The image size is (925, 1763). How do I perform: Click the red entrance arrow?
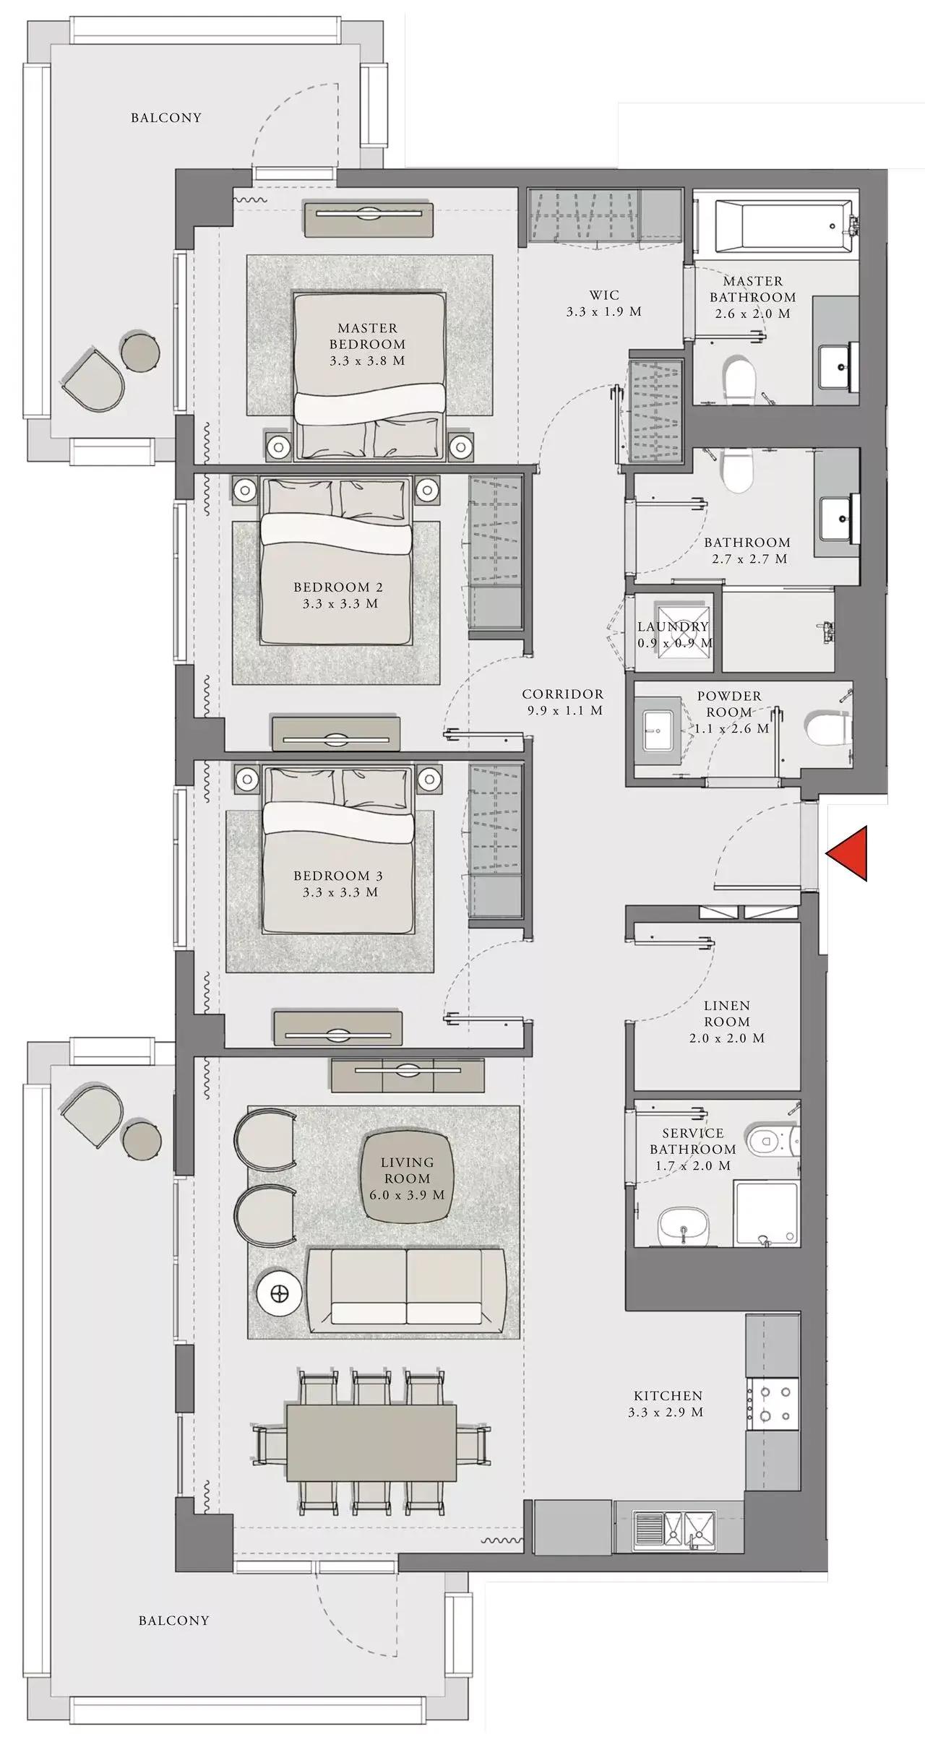click(850, 854)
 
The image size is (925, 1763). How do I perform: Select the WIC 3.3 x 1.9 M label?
click(604, 303)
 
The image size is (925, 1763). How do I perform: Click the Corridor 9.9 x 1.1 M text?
click(563, 702)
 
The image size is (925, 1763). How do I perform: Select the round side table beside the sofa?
click(278, 1293)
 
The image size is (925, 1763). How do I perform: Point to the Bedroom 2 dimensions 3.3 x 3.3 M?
click(340, 603)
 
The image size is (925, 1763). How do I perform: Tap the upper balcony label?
click(166, 118)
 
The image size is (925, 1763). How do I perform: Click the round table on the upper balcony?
click(140, 352)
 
